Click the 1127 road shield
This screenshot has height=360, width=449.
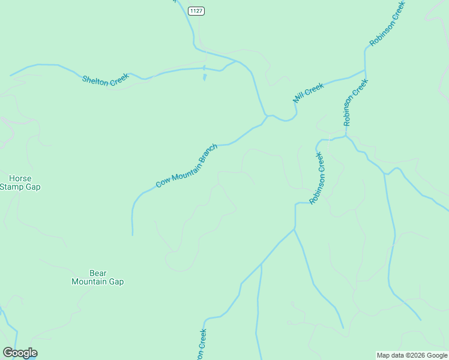[x=196, y=11]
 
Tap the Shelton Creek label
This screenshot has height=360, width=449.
[x=105, y=80]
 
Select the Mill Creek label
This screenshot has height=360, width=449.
[x=308, y=92]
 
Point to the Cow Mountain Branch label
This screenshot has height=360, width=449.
[x=186, y=165]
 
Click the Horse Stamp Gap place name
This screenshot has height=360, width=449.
[x=20, y=182]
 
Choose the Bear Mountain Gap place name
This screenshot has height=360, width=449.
[x=97, y=277]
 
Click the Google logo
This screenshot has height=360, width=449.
[x=20, y=353]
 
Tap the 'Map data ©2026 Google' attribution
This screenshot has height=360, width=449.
[x=412, y=355]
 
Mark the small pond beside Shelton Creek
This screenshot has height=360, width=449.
[x=204, y=76]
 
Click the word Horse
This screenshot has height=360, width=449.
[x=20, y=178]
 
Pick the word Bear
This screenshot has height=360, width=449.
[x=97, y=272]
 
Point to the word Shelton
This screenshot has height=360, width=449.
[x=95, y=79]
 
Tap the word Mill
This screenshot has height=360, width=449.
[x=298, y=97]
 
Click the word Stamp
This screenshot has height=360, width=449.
[x=13, y=187]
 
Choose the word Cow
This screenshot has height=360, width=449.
[x=161, y=182]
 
